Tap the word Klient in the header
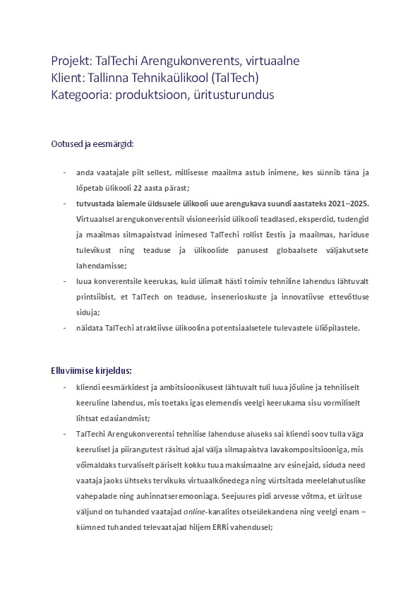pyautogui.click(x=68, y=77)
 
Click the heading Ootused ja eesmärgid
pyautogui.click(x=92, y=143)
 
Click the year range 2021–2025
pyautogui.click(x=347, y=204)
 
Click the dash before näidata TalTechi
pyautogui.click(x=64, y=327)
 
